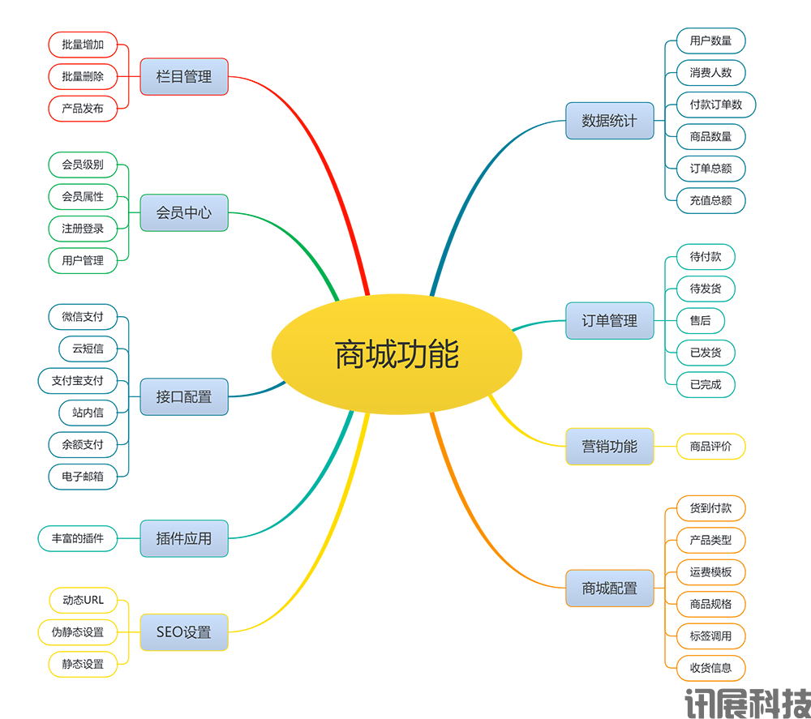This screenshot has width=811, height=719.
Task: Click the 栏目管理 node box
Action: coord(184,77)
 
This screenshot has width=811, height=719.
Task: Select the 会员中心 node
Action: coord(184,213)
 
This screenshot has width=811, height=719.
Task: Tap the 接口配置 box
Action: coord(184,397)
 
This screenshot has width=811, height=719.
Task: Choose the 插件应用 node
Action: coord(184,538)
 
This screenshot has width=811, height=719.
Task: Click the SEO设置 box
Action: coord(184,632)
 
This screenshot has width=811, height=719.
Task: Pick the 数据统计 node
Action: coord(609,121)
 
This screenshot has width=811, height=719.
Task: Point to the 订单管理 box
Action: coord(609,321)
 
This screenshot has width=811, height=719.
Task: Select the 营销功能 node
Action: coord(609,447)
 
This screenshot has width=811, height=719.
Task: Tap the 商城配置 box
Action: coord(609,588)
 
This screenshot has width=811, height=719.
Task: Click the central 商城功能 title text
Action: coord(397,355)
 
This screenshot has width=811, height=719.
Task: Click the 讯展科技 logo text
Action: coord(747,702)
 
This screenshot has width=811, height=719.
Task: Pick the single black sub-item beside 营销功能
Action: coord(710,446)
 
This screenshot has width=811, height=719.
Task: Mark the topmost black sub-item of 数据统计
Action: coord(710,41)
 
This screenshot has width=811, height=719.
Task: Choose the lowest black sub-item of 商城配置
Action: coord(710,666)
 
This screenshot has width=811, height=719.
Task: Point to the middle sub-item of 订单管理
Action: coord(702,321)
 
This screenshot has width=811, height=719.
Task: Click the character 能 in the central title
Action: coord(444,355)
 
